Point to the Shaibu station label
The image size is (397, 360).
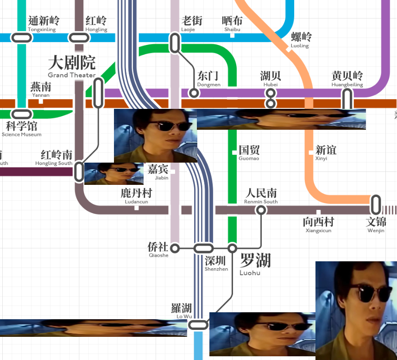(x=232, y=24)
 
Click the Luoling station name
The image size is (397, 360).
(x=301, y=40)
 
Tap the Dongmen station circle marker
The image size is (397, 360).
(x=194, y=93)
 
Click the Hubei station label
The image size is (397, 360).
(x=271, y=78)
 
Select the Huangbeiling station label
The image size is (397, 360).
(x=347, y=78)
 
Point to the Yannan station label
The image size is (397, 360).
(x=40, y=89)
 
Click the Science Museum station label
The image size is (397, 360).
(x=22, y=128)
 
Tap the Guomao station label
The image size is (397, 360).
(x=249, y=152)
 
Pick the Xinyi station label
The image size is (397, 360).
(x=325, y=152)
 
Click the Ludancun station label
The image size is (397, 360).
(x=136, y=196)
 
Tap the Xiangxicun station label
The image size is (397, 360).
(x=318, y=225)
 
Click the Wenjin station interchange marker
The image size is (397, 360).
(x=376, y=205)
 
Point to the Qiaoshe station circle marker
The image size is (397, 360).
(x=175, y=249)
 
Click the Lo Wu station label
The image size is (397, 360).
(x=182, y=310)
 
